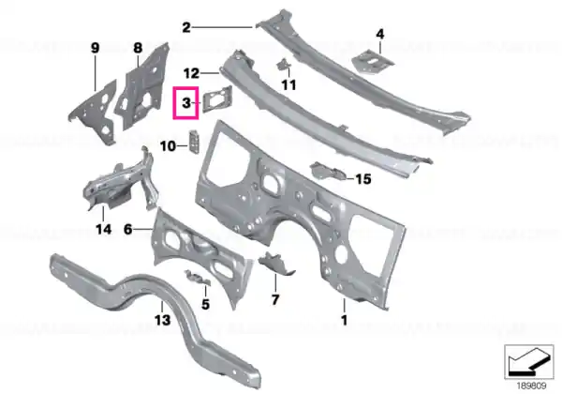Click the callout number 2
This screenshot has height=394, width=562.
click(186, 27)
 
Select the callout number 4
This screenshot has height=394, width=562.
click(380, 34)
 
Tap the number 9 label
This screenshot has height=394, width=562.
click(95, 48)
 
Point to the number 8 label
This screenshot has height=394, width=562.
click(138, 48)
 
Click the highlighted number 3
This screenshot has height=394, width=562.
click(186, 102)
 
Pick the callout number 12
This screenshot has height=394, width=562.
click(191, 73)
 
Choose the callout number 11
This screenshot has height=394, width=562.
click(288, 85)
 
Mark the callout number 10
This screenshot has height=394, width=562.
click(168, 146)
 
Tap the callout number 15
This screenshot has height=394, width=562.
click(362, 178)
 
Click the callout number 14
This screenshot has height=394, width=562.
click(103, 229)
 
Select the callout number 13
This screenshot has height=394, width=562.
click(162, 319)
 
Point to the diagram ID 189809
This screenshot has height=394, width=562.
click(531, 386)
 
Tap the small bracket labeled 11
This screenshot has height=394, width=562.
click(283, 65)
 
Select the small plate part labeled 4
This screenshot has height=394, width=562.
click(373, 62)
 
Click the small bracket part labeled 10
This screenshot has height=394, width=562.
click(194, 142)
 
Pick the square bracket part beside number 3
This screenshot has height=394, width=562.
click(217, 99)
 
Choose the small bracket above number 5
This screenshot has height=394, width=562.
click(197, 278)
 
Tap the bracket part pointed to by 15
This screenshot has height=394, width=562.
click(328, 171)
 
